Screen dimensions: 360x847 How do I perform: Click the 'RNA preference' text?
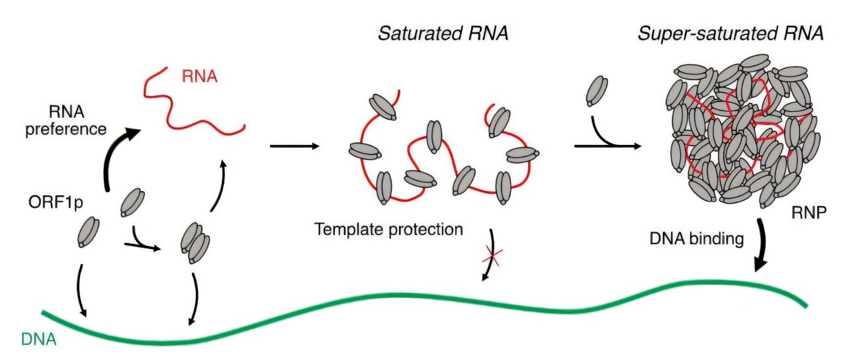[66, 120]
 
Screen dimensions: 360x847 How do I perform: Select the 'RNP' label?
[809, 215]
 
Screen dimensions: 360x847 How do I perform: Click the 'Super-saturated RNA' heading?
[731, 34]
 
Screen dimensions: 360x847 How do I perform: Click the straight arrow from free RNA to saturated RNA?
[294, 145]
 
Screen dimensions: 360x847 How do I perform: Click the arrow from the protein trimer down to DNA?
[196, 298]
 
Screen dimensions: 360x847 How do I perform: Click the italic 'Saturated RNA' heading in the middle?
[443, 34]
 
